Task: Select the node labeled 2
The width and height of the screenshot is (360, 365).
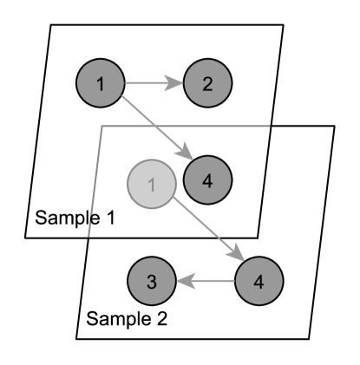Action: click(x=206, y=83)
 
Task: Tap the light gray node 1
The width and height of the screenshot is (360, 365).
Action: click(x=151, y=183)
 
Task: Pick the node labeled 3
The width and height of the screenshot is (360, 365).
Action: click(x=151, y=281)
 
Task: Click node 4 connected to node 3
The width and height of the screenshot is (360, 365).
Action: click(x=259, y=281)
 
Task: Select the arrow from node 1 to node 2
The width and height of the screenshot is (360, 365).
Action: click(x=154, y=83)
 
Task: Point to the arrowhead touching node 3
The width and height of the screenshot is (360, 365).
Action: click(x=181, y=281)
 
